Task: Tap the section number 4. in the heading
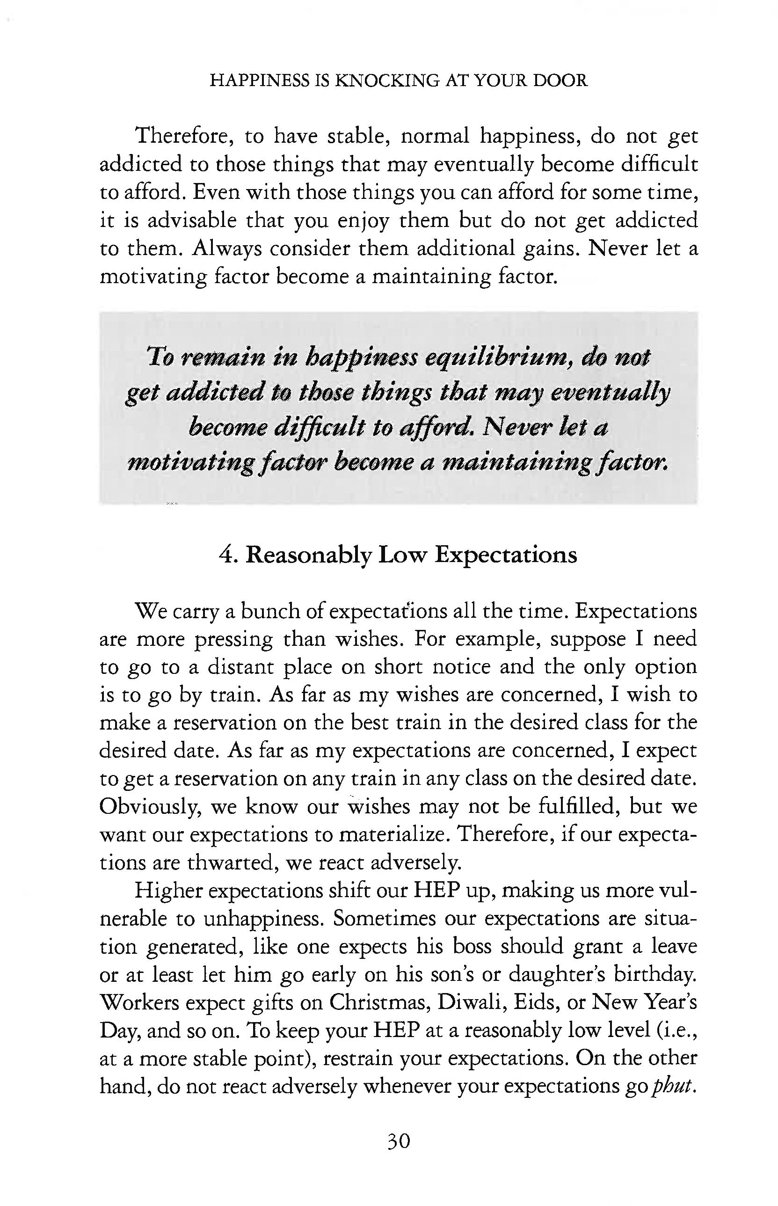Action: [x=229, y=555]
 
